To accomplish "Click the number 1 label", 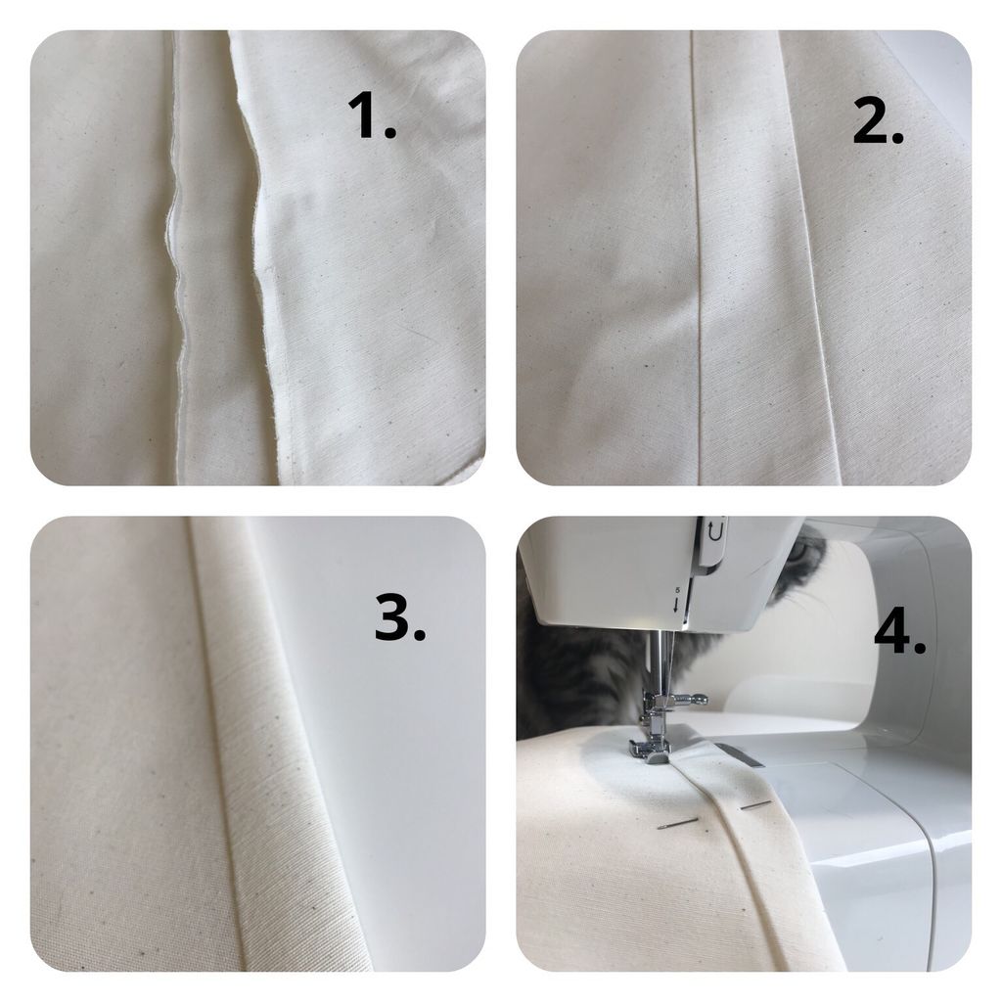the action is pos(372,115).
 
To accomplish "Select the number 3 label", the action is pos(400,616).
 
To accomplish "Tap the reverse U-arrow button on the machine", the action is pos(715,531).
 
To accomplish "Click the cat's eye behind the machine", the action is pos(802,550).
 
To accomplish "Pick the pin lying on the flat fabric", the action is pos(677,824).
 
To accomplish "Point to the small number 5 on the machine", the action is pos(677,591).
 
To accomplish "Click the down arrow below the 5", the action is pos(677,605).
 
